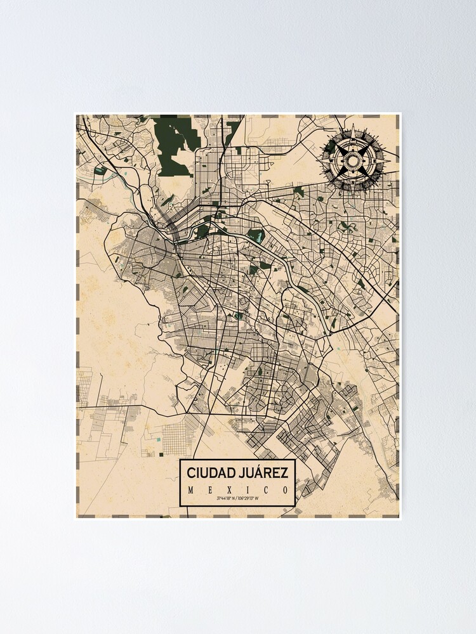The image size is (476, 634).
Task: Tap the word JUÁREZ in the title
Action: point(264,473)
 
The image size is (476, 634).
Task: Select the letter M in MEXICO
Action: point(191,490)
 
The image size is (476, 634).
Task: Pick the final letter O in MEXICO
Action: point(286,490)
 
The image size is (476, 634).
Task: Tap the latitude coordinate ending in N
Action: point(227,499)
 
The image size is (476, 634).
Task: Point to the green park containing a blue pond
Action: point(255,236)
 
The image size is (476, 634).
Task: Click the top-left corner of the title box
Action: point(180,460)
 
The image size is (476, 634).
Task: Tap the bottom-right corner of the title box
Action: point(296,506)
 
